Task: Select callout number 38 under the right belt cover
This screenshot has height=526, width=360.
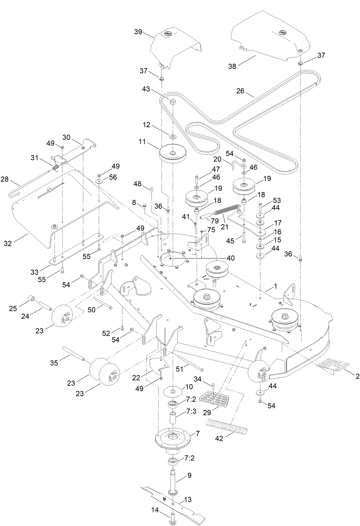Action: tap(232, 66)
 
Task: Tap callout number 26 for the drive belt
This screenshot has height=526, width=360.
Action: tap(240, 91)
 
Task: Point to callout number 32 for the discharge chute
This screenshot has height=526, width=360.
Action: tap(8, 243)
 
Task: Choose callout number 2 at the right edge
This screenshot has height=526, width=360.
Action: tap(357, 376)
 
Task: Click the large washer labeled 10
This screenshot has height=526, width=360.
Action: tap(173, 392)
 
